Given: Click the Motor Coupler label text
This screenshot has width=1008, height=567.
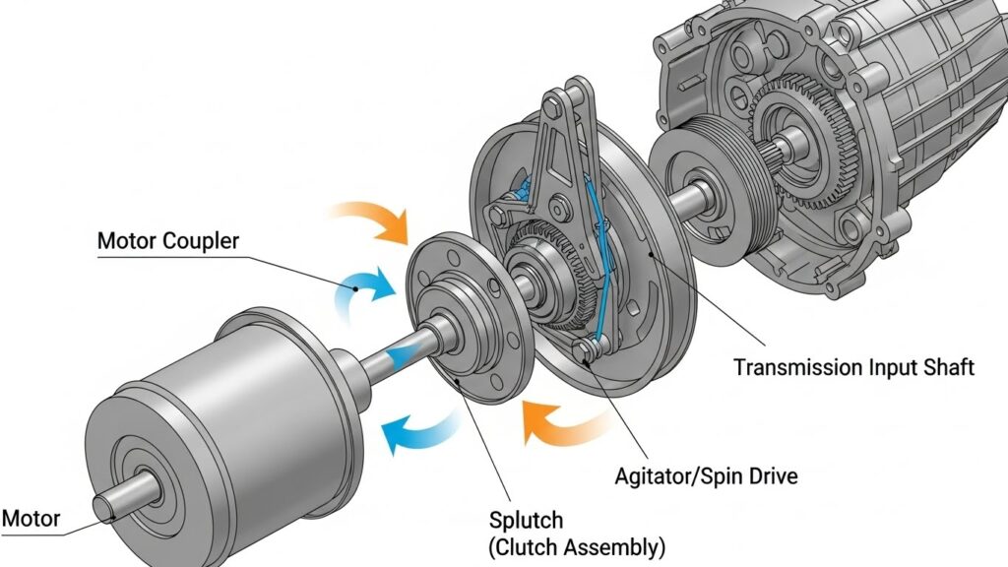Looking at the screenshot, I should tap(167, 241).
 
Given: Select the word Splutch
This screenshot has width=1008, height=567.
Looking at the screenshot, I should tap(526, 519).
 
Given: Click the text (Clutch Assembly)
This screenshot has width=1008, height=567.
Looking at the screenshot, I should tap(577, 545).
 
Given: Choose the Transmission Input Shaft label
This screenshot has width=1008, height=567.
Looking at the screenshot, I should tap(853, 368).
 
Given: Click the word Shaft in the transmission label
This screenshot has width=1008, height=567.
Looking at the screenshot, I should tap(946, 368).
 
